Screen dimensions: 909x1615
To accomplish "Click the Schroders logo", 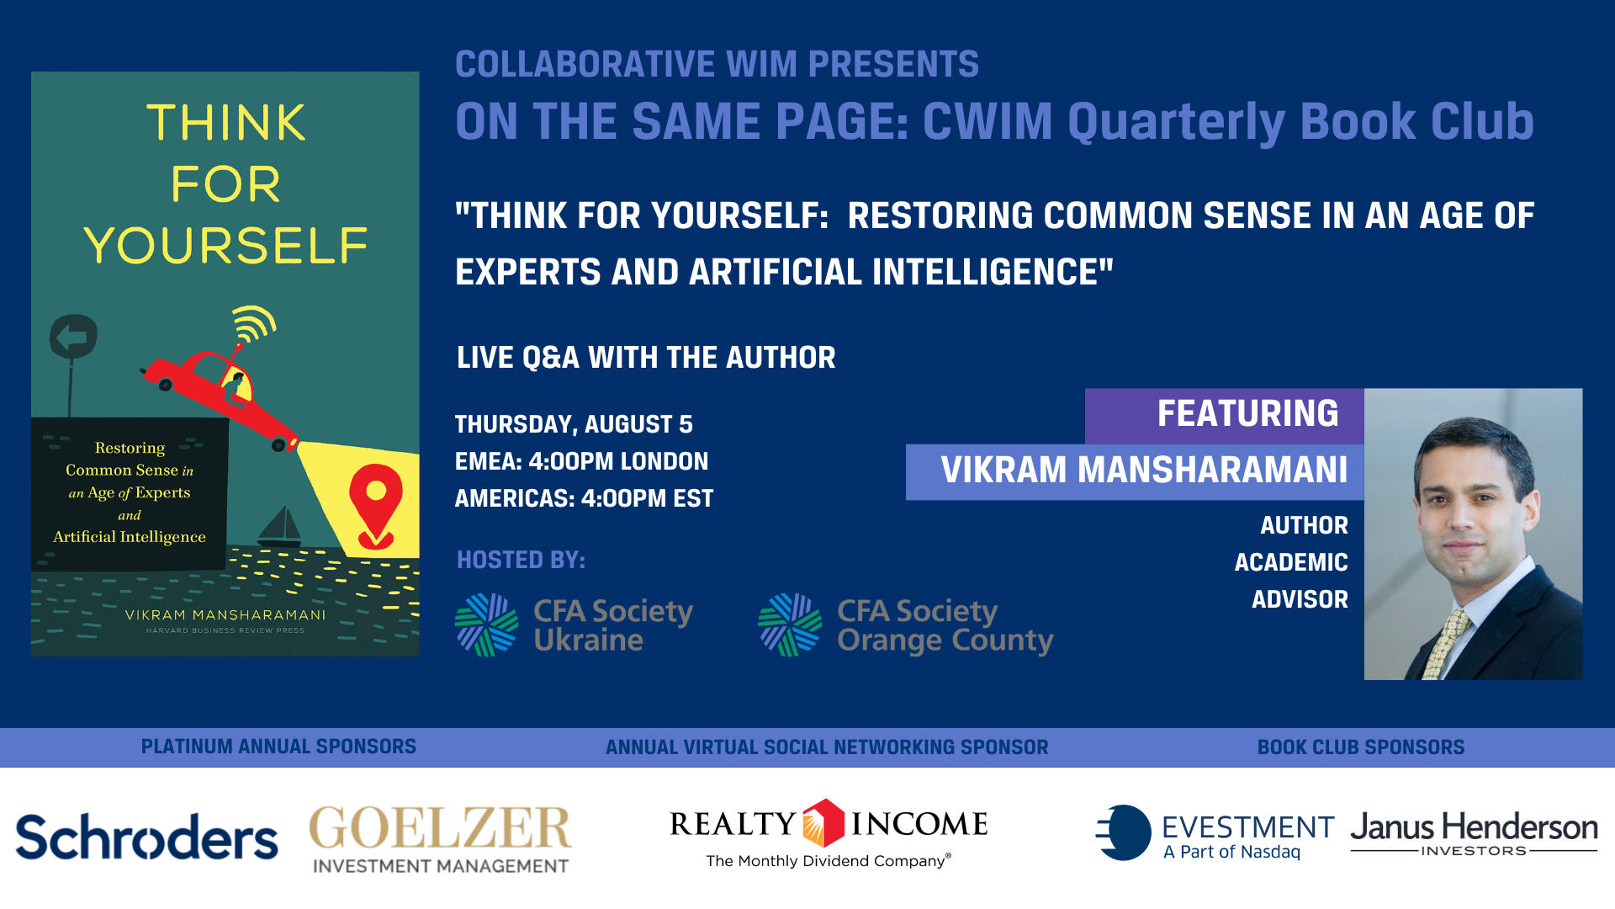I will point(146,837).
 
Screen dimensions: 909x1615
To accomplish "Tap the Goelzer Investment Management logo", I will point(440,838).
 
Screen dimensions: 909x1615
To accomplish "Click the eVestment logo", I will point(1215,833).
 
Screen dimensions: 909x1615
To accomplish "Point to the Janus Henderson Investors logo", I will point(1474,833).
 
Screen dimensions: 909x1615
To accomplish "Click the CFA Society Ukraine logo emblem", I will point(486,625).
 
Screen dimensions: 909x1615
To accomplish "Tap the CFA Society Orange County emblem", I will point(789,625).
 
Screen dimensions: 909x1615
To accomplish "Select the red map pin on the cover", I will point(375,503).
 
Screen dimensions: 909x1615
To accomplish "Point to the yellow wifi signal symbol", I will point(254,323).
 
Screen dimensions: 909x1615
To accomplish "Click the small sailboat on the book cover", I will point(281,527).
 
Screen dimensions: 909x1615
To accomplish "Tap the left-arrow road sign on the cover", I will point(74,338).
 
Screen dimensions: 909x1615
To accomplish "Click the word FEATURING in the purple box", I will point(1247,414).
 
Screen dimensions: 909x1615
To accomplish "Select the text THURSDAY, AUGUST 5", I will point(574,424).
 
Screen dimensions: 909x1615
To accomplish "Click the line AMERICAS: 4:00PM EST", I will point(584,498).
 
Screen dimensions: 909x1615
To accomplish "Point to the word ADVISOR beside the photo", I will point(1300,599).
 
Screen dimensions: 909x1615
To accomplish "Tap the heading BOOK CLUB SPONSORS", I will point(1360,747).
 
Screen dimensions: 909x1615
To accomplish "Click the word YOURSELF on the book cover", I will point(225,246).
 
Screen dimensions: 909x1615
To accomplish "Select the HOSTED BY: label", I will point(521,560).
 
